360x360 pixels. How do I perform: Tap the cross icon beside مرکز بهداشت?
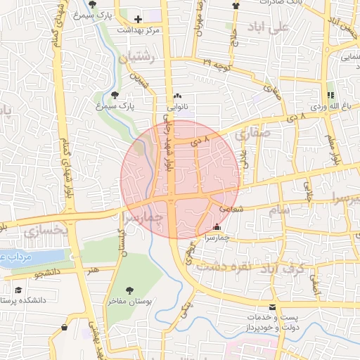pos(138,19)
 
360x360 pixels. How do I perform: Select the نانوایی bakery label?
pos(177,108)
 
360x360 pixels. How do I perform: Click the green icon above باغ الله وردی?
pos(330,95)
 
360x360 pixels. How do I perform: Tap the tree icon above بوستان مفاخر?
pos(129,289)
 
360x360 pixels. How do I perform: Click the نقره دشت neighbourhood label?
pos(224,268)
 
